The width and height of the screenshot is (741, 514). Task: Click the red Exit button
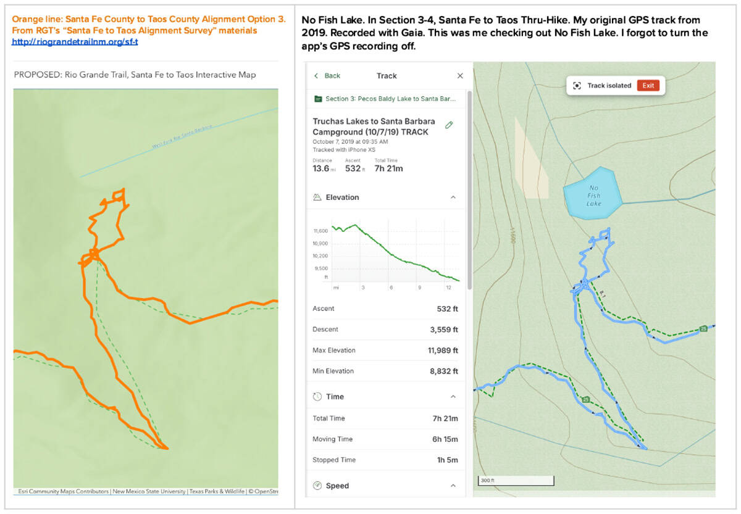point(648,86)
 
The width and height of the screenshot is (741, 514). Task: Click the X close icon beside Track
point(459,76)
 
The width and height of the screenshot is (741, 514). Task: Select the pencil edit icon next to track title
point(449,125)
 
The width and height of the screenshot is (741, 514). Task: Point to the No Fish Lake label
point(593,196)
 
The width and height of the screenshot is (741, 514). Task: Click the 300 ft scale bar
point(516,481)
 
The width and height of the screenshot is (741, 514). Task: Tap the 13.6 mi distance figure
point(321,168)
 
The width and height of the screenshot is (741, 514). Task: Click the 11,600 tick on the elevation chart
point(320,231)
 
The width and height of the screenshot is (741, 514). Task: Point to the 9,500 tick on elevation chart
point(321,269)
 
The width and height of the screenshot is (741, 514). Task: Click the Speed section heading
point(337,486)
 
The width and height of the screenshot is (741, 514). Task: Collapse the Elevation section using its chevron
point(453,197)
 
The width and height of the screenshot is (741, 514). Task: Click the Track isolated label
point(609,86)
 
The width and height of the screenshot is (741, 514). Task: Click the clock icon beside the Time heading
point(317,397)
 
